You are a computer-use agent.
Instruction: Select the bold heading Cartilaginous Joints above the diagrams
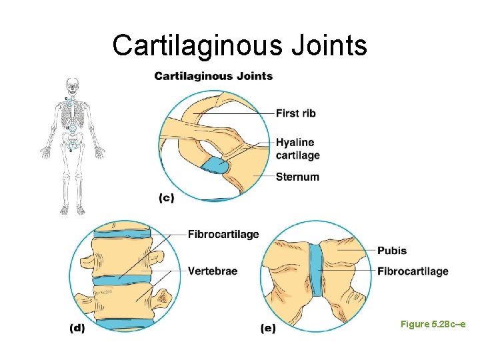(213, 76)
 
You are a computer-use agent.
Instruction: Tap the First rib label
(295, 113)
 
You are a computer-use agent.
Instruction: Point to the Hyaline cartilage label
(297, 149)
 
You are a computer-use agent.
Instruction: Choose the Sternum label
(297, 177)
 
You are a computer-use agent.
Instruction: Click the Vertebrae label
(212, 271)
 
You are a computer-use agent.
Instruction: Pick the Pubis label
(391, 251)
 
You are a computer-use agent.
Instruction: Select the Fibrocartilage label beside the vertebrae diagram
(223, 234)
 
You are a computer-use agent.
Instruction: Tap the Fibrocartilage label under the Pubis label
(412, 271)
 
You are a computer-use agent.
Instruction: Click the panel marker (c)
(167, 198)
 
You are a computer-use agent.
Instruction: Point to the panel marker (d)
(77, 328)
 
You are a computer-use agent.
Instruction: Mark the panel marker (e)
(267, 328)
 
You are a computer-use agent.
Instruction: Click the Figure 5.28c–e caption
(432, 323)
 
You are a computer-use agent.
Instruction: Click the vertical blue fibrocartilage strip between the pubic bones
(316, 269)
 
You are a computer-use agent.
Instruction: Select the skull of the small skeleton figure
(71, 85)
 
